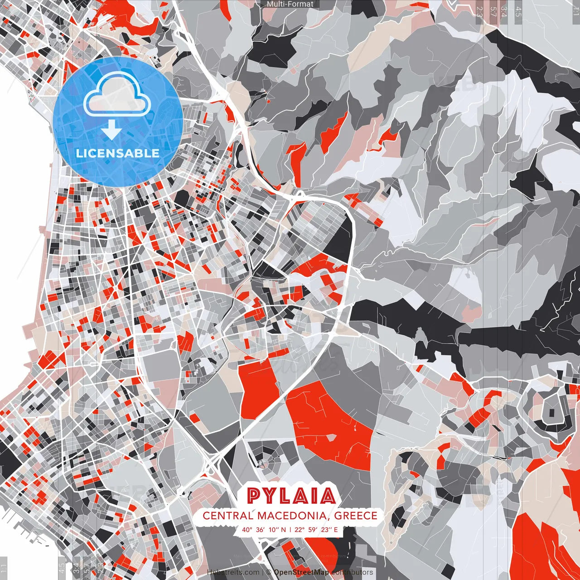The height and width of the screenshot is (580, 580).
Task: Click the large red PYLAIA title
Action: (x=291, y=496)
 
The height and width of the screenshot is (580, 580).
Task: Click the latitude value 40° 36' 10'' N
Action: (x=264, y=529)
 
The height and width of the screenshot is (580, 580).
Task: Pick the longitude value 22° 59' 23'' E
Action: (x=316, y=529)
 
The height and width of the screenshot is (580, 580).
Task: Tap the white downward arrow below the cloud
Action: (x=111, y=130)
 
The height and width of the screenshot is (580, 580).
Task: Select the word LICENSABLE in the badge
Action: (x=118, y=153)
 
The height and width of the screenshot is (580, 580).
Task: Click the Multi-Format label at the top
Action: (x=290, y=4)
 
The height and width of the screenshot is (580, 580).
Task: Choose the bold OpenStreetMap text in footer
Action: (x=301, y=572)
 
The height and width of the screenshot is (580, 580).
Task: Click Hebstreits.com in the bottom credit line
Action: (x=233, y=572)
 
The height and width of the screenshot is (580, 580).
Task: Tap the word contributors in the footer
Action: (x=352, y=572)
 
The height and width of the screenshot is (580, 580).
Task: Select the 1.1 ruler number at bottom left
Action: (x=4, y=567)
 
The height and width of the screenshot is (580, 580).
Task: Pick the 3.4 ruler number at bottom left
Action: (x=76, y=567)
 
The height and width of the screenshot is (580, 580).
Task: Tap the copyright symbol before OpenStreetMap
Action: (x=269, y=572)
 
